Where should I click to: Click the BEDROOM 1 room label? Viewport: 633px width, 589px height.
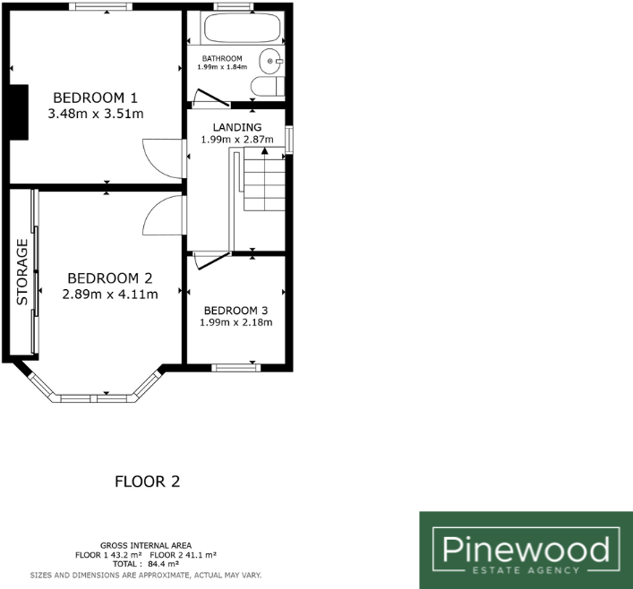pyautogui.click(x=98, y=97)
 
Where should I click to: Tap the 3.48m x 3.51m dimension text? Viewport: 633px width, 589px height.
pyautogui.click(x=98, y=114)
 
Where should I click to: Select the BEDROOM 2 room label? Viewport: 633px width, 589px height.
pyautogui.click(x=111, y=277)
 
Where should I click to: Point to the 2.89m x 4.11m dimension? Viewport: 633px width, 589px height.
pyautogui.click(x=111, y=294)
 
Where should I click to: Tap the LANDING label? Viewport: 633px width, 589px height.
pyautogui.click(x=237, y=127)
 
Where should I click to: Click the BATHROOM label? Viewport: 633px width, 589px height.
pyautogui.click(x=222, y=59)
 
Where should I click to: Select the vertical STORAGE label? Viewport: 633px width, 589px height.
pyautogui.click(x=23, y=272)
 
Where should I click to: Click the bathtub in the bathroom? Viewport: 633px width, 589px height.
pyautogui.click(x=243, y=29)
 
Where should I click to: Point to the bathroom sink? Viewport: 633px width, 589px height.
pyautogui.click(x=271, y=61)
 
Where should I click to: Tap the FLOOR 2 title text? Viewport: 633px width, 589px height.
pyautogui.click(x=148, y=482)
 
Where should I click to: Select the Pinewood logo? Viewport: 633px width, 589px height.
pyautogui.click(x=524, y=550)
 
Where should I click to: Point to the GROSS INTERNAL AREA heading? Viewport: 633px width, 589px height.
pyautogui.click(x=147, y=546)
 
